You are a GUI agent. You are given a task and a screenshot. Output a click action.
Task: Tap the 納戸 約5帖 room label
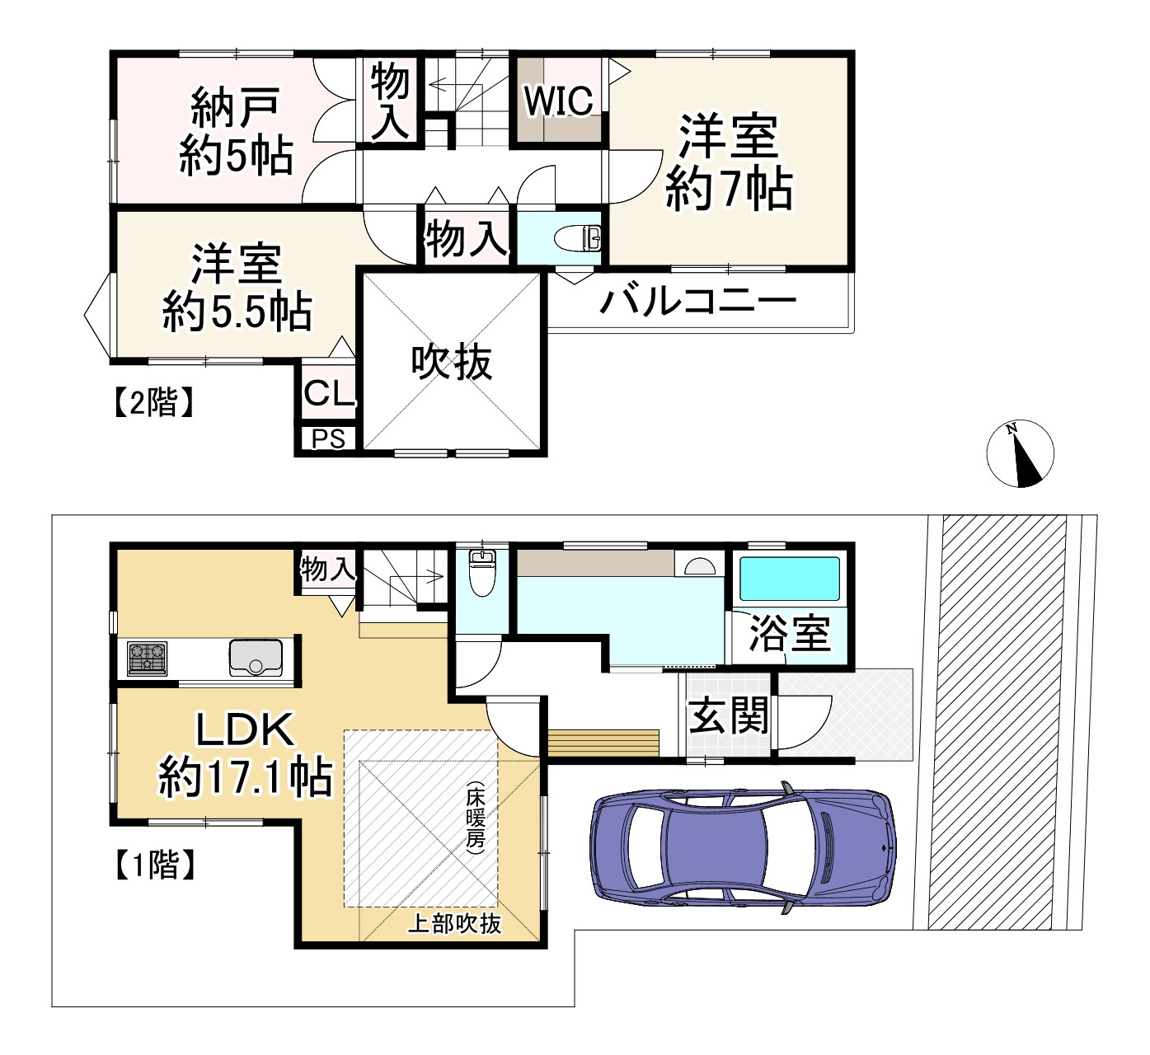tap(236, 131)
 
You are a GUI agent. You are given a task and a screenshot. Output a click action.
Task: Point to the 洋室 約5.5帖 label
tap(237, 288)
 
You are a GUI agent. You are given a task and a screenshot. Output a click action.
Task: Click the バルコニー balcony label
tap(697, 302)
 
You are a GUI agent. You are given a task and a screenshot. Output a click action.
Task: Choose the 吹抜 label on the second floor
tap(452, 363)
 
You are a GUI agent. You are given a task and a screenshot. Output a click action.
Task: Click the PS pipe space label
tap(328, 439)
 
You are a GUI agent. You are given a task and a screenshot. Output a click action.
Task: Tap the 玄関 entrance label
tap(728, 715)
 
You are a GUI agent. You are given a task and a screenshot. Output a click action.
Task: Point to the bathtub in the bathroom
tap(789, 579)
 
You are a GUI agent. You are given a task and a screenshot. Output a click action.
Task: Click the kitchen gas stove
tap(147, 658)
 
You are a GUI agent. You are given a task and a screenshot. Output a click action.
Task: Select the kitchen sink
tap(256, 657)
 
